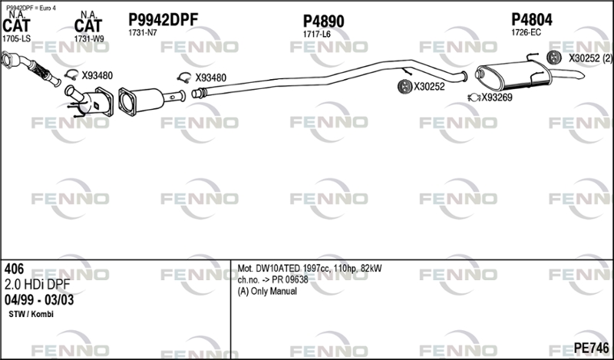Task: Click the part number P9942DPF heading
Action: point(163,20)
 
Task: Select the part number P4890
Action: point(323,21)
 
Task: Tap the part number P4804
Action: point(532,20)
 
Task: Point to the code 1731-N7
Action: point(143,33)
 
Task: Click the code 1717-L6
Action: point(316,35)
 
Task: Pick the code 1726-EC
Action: point(526,32)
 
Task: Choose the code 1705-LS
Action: point(16,39)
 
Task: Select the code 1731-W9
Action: point(89,39)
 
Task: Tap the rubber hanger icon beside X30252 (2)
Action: point(554,58)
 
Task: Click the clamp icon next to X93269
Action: point(474,97)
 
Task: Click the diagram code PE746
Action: point(591,348)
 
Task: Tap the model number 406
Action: point(14,269)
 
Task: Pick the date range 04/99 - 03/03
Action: point(39,300)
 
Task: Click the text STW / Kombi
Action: point(31,314)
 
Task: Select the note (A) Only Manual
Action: point(267,291)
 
